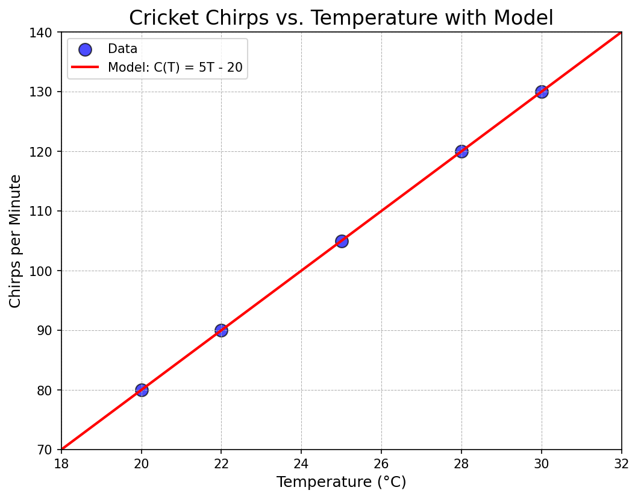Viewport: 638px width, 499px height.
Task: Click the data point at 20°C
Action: tap(142, 390)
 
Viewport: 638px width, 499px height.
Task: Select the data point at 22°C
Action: tap(221, 330)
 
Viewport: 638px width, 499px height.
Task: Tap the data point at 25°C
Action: tap(342, 241)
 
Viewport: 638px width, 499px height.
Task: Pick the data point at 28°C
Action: tap(461, 151)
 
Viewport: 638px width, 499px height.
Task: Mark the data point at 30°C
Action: tap(542, 92)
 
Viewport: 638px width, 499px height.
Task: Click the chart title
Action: tap(341, 17)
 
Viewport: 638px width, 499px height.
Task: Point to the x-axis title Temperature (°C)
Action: tap(341, 482)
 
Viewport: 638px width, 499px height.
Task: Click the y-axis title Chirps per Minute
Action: tap(16, 240)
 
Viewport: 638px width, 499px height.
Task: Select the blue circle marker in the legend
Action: tap(85, 49)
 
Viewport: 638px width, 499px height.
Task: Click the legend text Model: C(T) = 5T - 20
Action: tap(175, 67)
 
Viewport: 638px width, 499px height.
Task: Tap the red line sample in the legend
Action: tap(85, 67)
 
